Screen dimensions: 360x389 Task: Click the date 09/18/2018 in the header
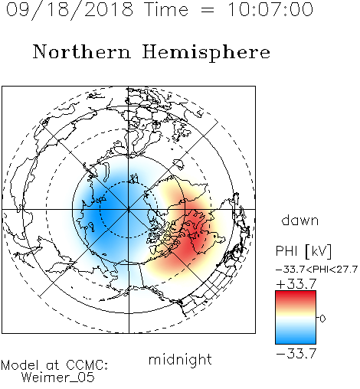(x=70, y=10)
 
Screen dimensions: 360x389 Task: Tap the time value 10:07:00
(x=270, y=10)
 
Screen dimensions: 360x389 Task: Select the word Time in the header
(x=166, y=10)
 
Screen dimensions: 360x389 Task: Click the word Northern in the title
(x=82, y=51)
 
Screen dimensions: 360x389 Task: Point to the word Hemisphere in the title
(x=206, y=53)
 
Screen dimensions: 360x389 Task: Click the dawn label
(x=300, y=220)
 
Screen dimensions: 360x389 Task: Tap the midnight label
(x=180, y=359)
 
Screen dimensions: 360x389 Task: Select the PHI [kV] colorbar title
(x=303, y=251)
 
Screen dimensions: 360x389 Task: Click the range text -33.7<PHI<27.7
(x=316, y=270)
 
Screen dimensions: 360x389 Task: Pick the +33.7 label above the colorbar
(x=296, y=284)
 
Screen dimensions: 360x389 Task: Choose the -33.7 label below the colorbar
(x=296, y=354)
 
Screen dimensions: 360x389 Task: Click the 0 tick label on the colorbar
(x=322, y=319)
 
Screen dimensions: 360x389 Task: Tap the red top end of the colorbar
(x=296, y=293)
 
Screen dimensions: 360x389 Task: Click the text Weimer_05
(x=58, y=378)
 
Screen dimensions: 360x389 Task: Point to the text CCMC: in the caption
(x=87, y=365)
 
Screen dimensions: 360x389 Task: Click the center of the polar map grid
(x=129, y=209)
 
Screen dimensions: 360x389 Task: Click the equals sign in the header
(x=208, y=10)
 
